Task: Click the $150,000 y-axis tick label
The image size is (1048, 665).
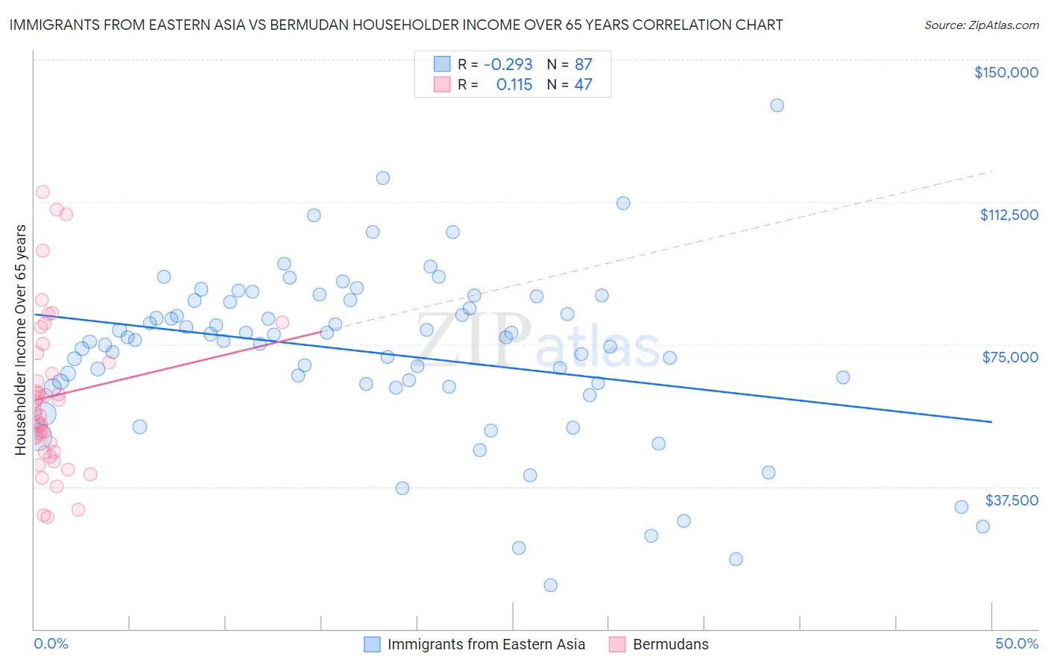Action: coord(1006,72)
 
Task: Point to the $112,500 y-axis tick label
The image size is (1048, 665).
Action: coord(1008,215)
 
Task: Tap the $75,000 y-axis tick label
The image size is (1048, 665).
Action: coord(1010,357)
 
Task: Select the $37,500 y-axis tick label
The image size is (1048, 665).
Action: coord(1011,500)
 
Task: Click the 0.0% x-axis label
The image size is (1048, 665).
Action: coord(51,643)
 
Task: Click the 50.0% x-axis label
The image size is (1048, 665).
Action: coord(1017,643)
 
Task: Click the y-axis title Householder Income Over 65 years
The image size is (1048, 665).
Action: coord(20,339)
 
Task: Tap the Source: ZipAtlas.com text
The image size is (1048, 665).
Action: coord(981,25)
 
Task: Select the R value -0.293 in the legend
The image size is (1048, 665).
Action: coord(508,64)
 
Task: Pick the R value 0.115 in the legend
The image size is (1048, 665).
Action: coord(514,85)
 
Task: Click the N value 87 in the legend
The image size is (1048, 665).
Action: coord(583,64)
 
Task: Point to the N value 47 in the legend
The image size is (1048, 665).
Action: coord(583,85)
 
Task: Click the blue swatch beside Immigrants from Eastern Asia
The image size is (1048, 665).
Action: coord(372,644)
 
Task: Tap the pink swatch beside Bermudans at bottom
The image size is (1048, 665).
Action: coord(617,644)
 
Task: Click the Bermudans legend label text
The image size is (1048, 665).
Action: coord(670,644)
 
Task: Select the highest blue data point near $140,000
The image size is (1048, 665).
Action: coord(777,105)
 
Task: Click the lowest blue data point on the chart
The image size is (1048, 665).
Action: coord(550,585)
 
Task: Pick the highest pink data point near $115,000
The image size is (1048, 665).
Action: coord(42,192)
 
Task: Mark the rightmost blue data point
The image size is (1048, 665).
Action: coord(982,526)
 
